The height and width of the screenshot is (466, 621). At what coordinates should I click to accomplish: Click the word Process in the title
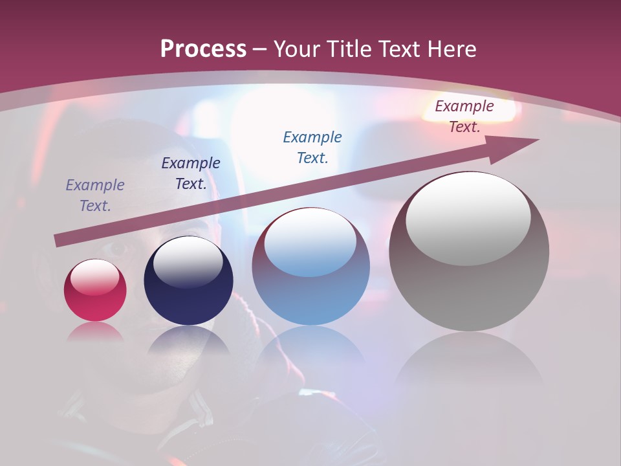tap(203, 49)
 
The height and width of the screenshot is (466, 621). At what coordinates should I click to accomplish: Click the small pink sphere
tap(95, 290)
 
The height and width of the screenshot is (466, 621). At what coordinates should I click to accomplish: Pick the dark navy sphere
tap(188, 281)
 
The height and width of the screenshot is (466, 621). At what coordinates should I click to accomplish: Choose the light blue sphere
tap(310, 267)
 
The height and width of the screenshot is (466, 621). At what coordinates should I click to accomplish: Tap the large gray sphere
tap(469, 252)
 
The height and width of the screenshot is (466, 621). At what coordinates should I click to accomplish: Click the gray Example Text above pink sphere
tap(95, 195)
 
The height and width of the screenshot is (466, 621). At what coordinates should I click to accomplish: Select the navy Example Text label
tap(191, 173)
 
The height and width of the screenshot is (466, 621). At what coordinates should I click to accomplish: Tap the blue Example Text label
tap(312, 147)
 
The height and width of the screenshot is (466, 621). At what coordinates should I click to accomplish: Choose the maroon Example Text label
tap(464, 116)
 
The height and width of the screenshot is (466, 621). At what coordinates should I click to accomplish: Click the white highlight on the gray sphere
tap(468, 217)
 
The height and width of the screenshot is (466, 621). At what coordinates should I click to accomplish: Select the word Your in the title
tap(297, 49)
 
